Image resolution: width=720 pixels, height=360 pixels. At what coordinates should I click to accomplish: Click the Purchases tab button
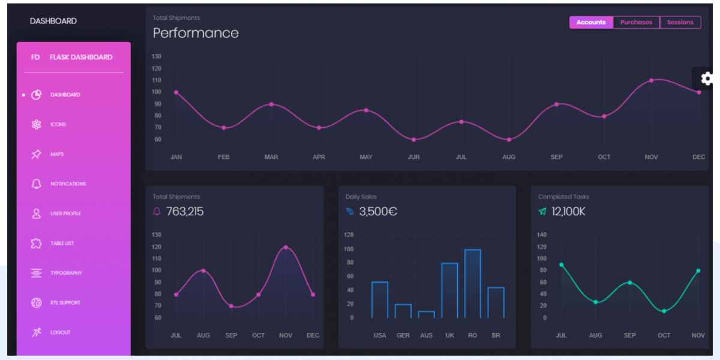[636, 22]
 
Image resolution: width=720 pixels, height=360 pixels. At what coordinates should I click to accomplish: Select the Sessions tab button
[680, 22]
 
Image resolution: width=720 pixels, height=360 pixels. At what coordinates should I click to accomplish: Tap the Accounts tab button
[591, 22]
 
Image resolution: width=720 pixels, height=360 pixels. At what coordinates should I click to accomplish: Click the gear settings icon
[707, 78]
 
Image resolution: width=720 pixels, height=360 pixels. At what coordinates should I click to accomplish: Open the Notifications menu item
[68, 184]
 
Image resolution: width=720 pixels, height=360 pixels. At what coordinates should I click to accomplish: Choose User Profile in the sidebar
[65, 214]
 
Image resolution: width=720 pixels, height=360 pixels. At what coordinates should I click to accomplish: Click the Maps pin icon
[36, 154]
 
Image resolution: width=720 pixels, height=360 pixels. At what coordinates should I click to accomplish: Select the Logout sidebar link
[60, 332]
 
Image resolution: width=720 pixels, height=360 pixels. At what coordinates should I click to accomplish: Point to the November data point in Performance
[651, 80]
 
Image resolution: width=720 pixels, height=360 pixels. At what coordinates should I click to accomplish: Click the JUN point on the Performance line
[413, 140]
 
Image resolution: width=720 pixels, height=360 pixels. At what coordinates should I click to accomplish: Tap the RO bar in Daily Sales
[473, 283]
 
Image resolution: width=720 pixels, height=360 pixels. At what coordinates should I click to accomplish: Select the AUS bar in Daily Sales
[427, 314]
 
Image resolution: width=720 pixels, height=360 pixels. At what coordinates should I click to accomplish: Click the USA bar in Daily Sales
[380, 299]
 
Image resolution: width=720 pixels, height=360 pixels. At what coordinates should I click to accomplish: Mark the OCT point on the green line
[664, 311]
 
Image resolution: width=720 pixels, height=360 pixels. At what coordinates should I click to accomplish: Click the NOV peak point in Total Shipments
[286, 247]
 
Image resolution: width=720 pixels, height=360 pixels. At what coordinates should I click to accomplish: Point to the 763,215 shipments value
[185, 211]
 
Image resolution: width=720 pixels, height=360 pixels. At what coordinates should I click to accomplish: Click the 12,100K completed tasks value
[568, 211]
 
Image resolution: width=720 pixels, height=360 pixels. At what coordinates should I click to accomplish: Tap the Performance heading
[196, 33]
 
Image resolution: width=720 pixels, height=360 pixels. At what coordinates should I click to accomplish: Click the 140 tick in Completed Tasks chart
[542, 235]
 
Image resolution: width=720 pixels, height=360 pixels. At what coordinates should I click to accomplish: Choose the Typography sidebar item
[65, 273]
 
